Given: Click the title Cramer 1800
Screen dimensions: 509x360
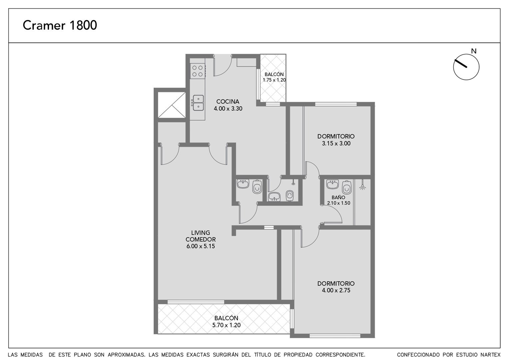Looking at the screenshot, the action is (60, 25).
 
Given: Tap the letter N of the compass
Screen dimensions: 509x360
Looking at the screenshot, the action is (474, 51).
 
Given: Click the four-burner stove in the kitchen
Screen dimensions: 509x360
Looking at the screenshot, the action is (198, 71).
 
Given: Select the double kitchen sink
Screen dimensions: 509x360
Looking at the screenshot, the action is (198, 103).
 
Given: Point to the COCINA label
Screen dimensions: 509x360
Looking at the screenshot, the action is (228, 101).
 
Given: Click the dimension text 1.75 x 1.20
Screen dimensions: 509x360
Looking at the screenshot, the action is (274, 80).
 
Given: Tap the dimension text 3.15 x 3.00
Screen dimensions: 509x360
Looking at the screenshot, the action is (336, 143).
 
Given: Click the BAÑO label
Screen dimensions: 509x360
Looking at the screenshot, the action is (338, 198).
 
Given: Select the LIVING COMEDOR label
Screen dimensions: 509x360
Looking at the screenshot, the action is (201, 236).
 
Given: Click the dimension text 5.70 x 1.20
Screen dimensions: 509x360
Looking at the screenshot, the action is (226, 325).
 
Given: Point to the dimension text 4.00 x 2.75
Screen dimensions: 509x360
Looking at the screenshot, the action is (336, 290).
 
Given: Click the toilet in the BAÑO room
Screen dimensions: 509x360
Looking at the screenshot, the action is (346, 187).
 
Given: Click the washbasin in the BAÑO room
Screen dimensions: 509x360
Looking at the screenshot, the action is (332, 184).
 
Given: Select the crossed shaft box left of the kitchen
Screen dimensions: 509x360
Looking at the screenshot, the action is (172, 105).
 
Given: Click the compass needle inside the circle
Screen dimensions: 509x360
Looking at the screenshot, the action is (461, 63).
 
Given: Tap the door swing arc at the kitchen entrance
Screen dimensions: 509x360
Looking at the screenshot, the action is (226, 70).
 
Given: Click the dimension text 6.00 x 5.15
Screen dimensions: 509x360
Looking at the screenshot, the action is (201, 246).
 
